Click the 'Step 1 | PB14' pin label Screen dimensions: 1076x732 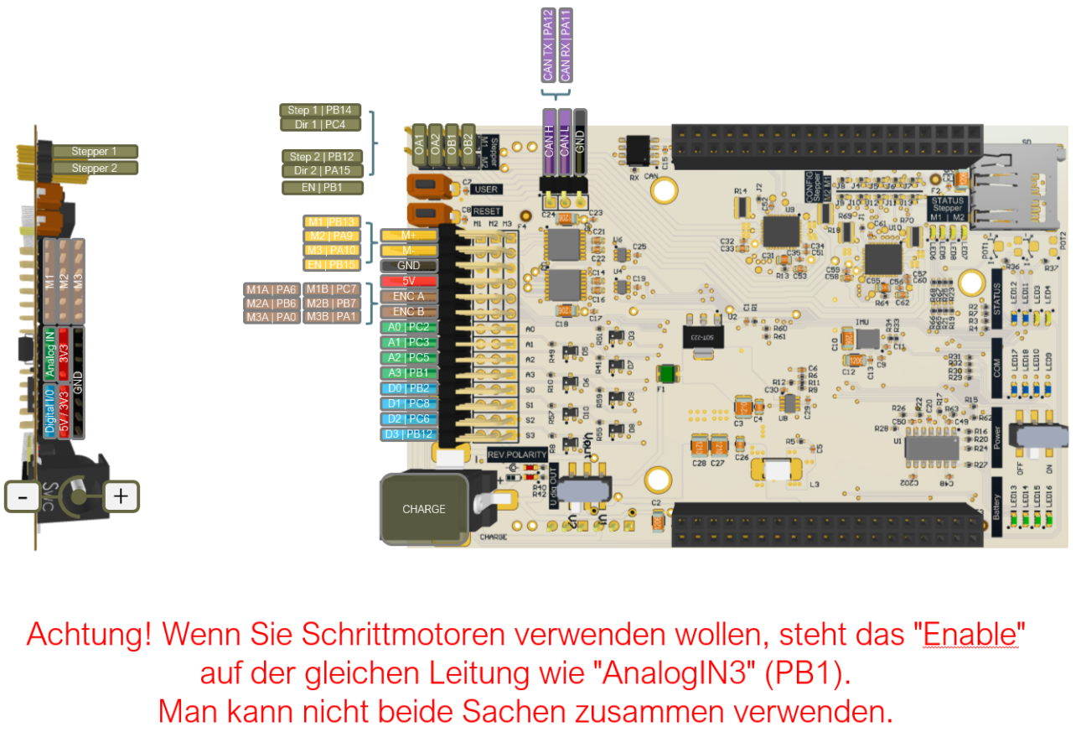click(x=319, y=110)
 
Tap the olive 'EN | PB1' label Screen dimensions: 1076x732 click(x=323, y=187)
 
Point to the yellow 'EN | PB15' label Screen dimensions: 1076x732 click(x=333, y=265)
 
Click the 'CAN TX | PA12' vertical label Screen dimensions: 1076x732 click(x=548, y=45)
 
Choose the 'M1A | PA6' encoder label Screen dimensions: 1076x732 click(x=272, y=289)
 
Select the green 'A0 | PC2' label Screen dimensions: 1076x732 click(x=408, y=327)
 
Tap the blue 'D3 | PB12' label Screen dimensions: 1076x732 click(x=408, y=433)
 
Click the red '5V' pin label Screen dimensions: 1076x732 click(x=408, y=281)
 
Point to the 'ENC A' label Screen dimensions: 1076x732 click(x=408, y=296)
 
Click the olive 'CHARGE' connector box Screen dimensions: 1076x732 click(x=423, y=509)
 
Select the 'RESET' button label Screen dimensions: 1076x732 click(x=487, y=211)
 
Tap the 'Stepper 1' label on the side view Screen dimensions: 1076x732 click(x=94, y=152)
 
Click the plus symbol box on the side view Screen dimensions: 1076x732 click(x=121, y=496)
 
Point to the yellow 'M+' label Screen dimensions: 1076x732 click(x=408, y=235)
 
